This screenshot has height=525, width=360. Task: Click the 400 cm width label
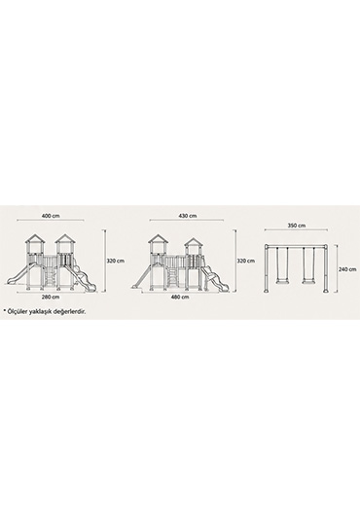point(51,216)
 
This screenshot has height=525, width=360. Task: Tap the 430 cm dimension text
point(188,216)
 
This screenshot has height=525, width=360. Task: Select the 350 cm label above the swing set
point(297,226)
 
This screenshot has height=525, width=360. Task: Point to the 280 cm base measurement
point(51,297)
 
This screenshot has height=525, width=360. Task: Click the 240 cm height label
point(347,269)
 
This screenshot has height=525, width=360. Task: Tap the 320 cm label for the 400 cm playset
point(116,261)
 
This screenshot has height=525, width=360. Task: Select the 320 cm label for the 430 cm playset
point(246,261)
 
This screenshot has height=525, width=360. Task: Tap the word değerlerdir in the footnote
point(70,312)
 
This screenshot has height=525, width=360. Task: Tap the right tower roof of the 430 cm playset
point(193,242)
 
